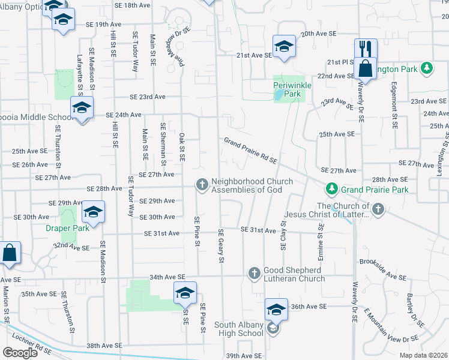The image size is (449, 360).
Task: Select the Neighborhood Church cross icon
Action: click(202, 185)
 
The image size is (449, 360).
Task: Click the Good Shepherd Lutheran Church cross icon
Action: click(254, 274)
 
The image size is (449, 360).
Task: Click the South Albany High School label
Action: click(238, 329)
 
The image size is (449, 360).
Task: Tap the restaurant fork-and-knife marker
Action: click(365, 49)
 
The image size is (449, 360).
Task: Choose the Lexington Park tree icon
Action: click(427, 68)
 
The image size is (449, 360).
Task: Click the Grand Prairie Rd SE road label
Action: click(250, 151)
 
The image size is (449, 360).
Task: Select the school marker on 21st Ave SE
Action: click(283, 46)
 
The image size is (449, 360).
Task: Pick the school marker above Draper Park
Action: click(92, 212)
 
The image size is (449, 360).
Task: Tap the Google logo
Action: click(20, 352)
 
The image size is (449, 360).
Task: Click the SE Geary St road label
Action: click(221, 245)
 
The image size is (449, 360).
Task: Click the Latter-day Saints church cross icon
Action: click(377, 209)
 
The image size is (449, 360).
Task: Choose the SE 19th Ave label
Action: click(104, 25)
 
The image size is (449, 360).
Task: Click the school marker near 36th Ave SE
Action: click(276, 310)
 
